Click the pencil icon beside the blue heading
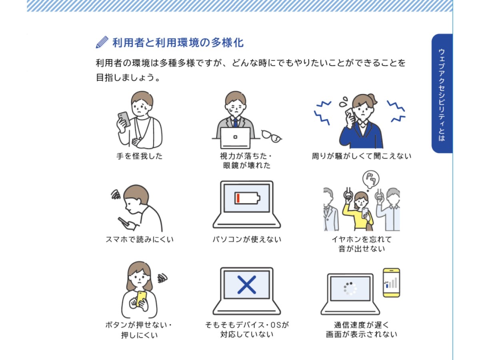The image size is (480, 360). pyautogui.click(x=102, y=42)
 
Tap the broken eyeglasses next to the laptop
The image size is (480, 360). pyautogui.click(x=271, y=136)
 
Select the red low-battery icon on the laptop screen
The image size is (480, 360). pyautogui.click(x=247, y=198)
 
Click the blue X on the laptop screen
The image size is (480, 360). pyautogui.click(x=246, y=285)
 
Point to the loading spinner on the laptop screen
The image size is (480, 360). pyautogui.click(x=350, y=288)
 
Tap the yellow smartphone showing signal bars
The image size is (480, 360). pyautogui.click(x=391, y=283)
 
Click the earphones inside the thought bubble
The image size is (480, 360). pyautogui.click(x=371, y=178)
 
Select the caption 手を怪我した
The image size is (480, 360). pyautogui.click(x=139, y=156)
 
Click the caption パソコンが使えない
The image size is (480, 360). pyautogui.click(x=247, y=239)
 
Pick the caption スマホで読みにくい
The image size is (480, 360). pyautogui.click(x=140, y=239)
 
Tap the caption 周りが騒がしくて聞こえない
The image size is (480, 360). pyautogui.click(x=362, y=156)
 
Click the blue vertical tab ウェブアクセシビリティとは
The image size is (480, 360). pyautogui.click(x=442, y=93)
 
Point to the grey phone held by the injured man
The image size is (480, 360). pyautogui.click(x=124, y=119)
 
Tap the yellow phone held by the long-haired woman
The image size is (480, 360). pyautogui.click(x=142, y=298)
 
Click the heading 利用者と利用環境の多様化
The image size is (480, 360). pyautogui.click(x=178, y=42)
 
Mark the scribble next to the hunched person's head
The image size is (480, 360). pyautogui.click(x=116, y=194)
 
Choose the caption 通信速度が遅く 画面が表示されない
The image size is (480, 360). pyautogui.click(x=362, y=329)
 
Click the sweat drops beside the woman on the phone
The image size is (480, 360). pyautogui.click(x=343, y=102)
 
